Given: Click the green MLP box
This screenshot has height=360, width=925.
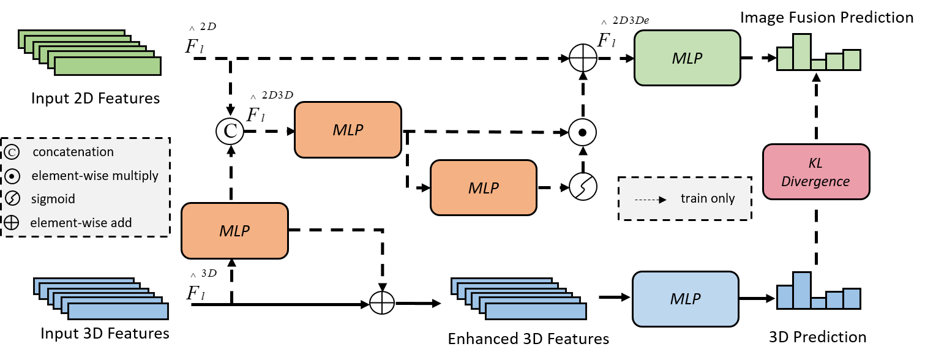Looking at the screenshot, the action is pyautogui.click(x=687, y=58).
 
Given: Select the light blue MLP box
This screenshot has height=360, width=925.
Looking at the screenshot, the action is pyautogui.click(x=685, y=299).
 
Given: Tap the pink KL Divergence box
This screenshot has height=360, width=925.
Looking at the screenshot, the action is pyautogui.click(x=816, y=172).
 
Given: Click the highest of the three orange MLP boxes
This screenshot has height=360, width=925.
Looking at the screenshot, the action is pyautogui.click(x=348, y=130).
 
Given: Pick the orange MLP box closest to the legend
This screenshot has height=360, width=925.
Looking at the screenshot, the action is pyautogui.click(x=234, y=231).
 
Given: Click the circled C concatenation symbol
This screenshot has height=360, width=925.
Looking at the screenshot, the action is pyautogui.click(x=11, y=152).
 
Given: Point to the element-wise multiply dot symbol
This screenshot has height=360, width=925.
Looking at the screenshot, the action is pyautogui.click(x=11, y=176).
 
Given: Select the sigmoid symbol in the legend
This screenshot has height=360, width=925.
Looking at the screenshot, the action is pyautogui.click(x=11, y=199).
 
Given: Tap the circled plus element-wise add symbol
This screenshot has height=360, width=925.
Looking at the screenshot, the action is pyautogui.click(x=11, y=223).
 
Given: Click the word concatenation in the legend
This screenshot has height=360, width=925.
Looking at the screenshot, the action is pyautogui.click(x=73, y=152).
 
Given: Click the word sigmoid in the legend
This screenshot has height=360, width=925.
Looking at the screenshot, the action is pyautogui.click(x=53, y=199).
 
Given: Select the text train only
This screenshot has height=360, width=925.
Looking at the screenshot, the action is pyautogui.click(x=707, y=199).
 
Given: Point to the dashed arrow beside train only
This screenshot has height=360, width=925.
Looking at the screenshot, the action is pyautogui.click(x=650, y=200).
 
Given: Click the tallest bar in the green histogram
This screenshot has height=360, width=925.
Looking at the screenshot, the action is pyautogui.click(x=802, y=52).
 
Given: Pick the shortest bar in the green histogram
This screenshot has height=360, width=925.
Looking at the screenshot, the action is pyautogui.click(x=818, y=65).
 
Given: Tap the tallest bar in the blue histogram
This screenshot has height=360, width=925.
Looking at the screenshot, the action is pyautogui.click(x=802, y=290).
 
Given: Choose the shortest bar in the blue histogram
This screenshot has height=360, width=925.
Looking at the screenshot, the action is pyautogui.click(x=818, y=303).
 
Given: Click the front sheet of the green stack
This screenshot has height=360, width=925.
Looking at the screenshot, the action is pyautogui.click(x=108, y=66).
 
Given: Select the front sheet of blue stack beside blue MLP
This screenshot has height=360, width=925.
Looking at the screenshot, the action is pyautogui.click(x=536, y=312).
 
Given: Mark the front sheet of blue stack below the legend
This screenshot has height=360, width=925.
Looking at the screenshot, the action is pyautogui.click(x=118, y=312).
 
